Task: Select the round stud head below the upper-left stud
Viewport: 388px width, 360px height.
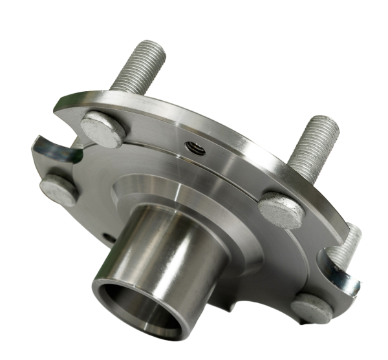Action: click(103, 127)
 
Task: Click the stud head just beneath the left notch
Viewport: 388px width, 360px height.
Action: click(59, 189)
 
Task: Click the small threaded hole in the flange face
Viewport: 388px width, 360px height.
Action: click(195, 149)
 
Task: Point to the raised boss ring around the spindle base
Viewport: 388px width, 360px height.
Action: click(213, 207)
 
